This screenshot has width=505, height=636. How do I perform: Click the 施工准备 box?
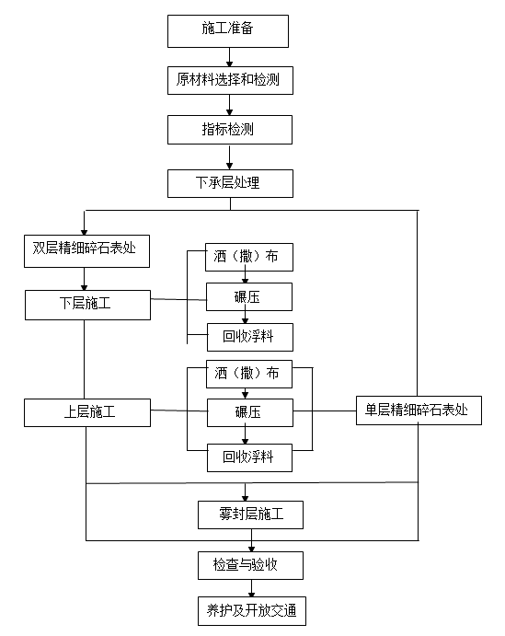pos(228,29)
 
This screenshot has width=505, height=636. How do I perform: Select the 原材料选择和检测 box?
pos(230,80)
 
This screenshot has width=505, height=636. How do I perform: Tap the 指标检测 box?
pos(230,130)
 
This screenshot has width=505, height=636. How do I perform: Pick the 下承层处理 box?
pos(230,182)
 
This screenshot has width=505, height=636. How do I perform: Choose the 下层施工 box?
pos(87,304)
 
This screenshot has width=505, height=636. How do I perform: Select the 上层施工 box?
pos(87,411)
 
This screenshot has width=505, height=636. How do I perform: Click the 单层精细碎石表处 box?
pos(419,411)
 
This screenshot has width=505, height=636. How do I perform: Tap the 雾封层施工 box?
pos(250,515)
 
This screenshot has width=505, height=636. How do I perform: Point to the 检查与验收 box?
pos(250,564)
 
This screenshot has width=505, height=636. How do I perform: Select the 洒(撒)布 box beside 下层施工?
pos(249,257)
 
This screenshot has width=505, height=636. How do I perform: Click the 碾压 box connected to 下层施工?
pos(249,296)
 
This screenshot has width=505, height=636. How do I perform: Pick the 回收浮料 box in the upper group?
pos(249,337)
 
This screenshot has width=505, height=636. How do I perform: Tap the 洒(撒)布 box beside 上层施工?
pos(249,374)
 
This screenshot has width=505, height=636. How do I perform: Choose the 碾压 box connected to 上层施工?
pos(249,412)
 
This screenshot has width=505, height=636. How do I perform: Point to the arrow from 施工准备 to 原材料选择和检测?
pos(229,57)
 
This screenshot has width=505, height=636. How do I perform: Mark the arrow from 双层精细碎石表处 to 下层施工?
pos(84,279)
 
